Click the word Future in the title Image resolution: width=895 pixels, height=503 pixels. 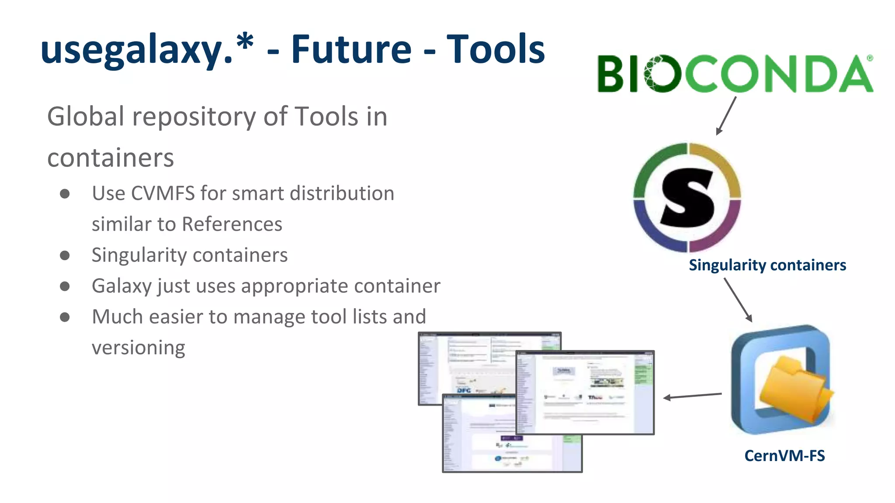coord(351,49)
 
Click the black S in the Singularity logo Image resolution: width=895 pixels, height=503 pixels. coord(687,197)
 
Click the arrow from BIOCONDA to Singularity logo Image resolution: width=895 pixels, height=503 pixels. coord(727,115)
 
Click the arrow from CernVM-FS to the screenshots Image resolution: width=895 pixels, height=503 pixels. coord(692,396)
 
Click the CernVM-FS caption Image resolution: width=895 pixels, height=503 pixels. coord(784,456)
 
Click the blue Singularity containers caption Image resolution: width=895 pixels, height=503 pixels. coord(767,265)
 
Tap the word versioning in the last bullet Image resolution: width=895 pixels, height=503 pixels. coord(139,348)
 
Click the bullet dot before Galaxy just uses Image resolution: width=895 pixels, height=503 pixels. coord(65,286)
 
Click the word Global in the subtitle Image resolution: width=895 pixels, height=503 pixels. coord(86,117)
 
